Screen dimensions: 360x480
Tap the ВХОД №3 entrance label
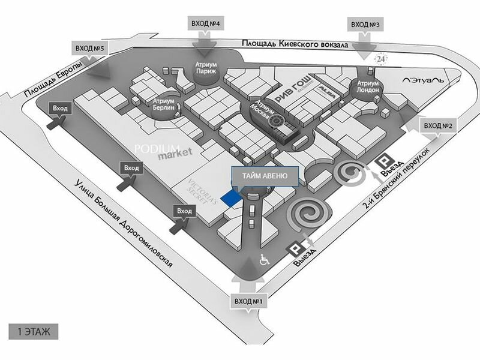tap(366, 24)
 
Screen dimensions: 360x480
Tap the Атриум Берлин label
tap(164, 105)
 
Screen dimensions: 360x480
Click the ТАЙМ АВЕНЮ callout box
tap(264, 176)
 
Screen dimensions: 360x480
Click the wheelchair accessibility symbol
tap(263, 260)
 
